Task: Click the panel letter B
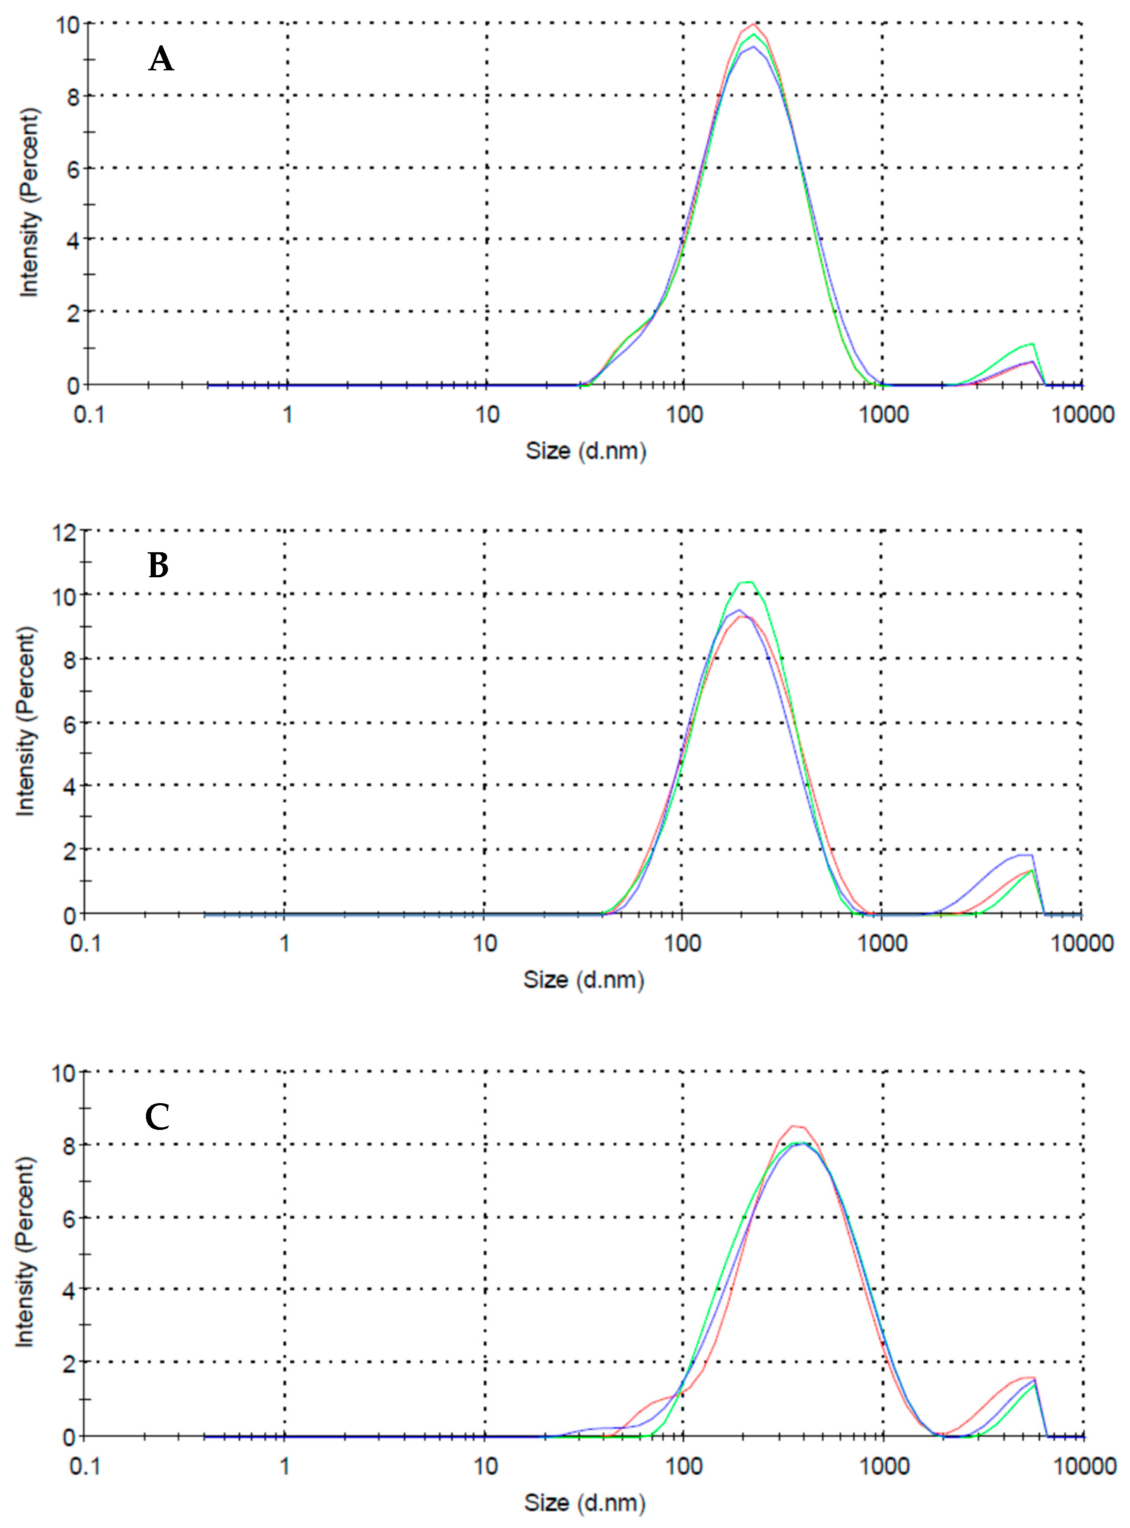[x=158, y=566]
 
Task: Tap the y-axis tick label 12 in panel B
[x=65, y=532]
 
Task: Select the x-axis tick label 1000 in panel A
[x=883, y=414]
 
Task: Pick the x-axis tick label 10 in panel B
[x=484, y=944]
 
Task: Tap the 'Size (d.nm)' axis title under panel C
[x=585, y=1503]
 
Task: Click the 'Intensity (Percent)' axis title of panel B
[x=25, y=721]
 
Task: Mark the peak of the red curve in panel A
[x=754, y=25]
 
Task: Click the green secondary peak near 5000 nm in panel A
[x=1032, y=344]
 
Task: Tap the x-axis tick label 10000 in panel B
[x=1082, y=944]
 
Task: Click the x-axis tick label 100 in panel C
[x=684, y=1466]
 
